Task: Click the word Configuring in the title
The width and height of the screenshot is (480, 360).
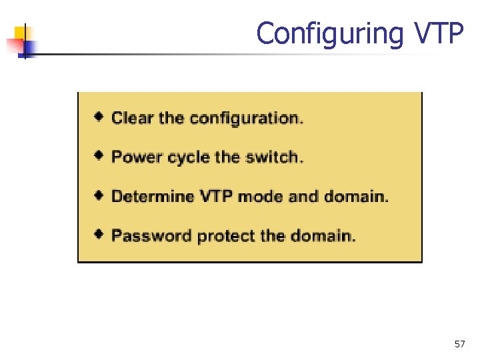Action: coord(329,33)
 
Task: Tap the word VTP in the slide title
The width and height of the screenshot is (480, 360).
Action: coord(437,33)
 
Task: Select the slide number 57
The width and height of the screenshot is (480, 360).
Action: coord(459,344)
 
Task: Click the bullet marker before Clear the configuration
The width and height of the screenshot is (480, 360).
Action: coord(99,117)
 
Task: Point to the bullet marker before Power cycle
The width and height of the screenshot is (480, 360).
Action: coord(99,157)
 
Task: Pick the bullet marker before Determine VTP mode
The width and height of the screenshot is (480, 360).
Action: coord(99,196)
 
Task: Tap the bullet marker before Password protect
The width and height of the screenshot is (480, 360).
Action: coord(99,235)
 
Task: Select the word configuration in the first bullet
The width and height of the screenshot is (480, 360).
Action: coord(245,119)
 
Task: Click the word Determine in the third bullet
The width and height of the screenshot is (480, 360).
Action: coord(147,197)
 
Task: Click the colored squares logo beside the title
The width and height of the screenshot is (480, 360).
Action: coord(22,41)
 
